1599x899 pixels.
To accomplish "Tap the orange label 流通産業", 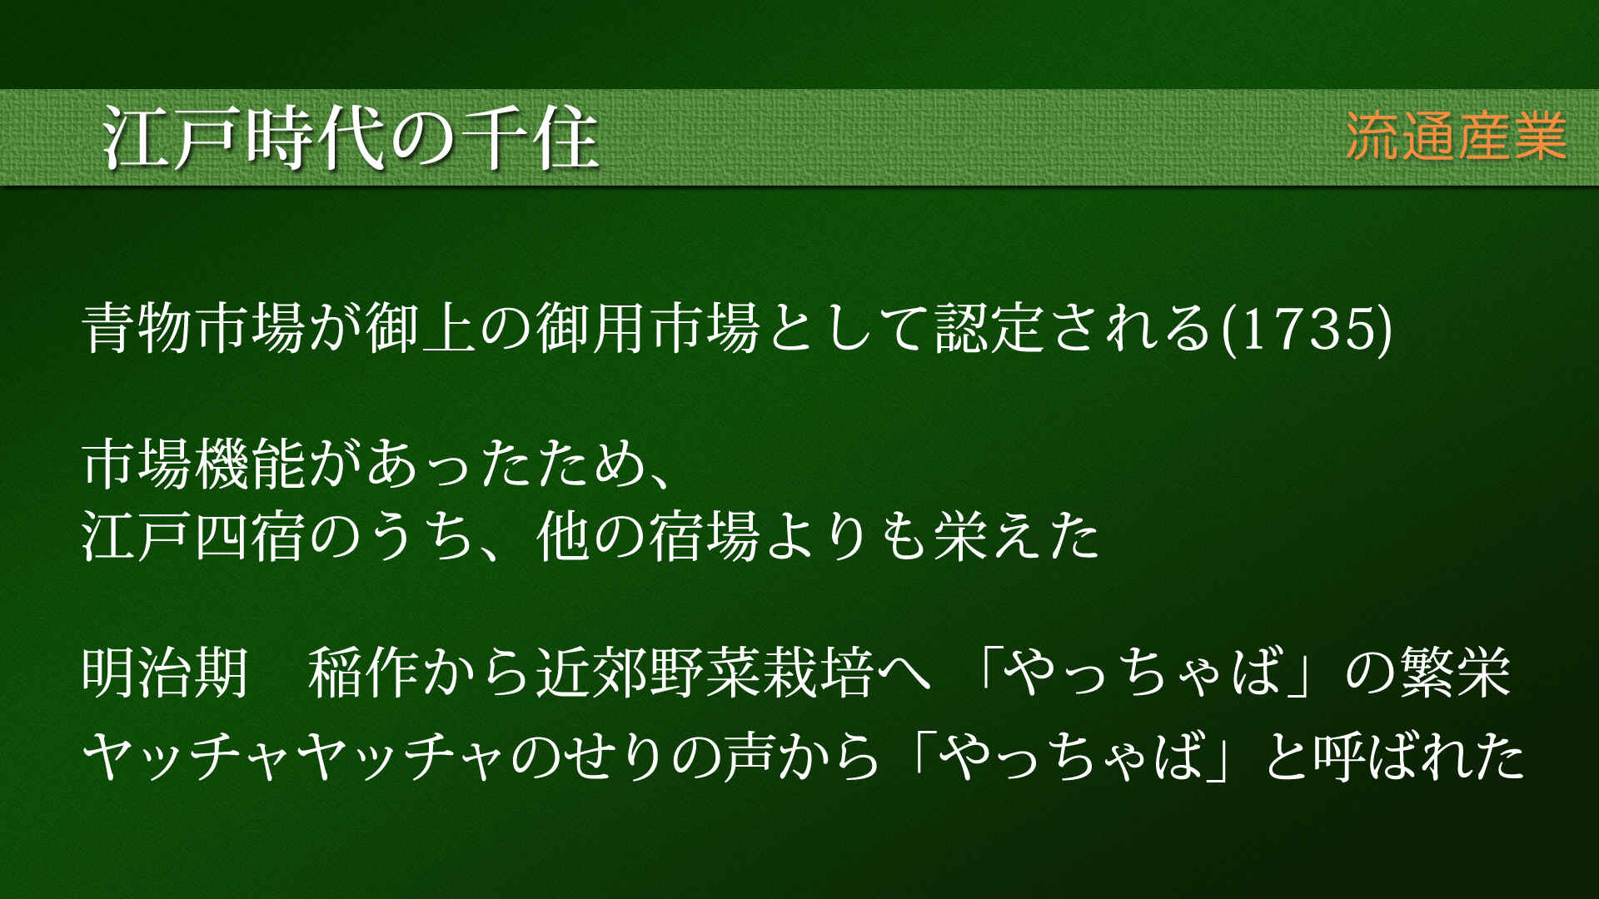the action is click(x=1457, y=137).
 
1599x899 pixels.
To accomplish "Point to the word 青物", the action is click(x=139, y=327).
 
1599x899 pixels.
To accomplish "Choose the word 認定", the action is click(x=990, y=327).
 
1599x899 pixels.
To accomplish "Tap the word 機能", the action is click(x=252, y=464).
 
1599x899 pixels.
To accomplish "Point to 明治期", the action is click(x=167, y=672).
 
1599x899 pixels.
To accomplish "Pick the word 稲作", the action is click(x=365, y=672).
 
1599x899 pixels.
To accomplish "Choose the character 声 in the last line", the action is click(x=753, y=757).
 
